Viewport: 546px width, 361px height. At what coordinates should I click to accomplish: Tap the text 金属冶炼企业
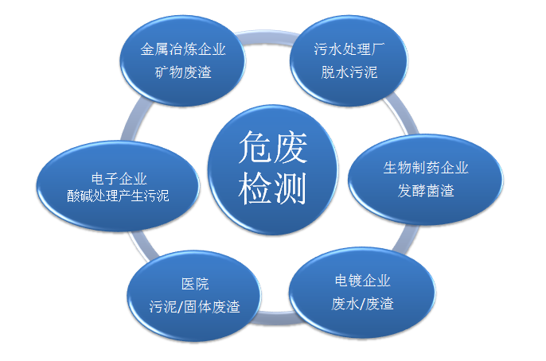183,49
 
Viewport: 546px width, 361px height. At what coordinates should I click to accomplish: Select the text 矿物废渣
183,72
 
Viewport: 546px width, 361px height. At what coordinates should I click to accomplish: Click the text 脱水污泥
350,72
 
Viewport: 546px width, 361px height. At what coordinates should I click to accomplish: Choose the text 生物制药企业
426,168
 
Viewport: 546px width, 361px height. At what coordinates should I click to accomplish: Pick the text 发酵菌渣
426,190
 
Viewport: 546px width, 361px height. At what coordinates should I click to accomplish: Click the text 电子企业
119,177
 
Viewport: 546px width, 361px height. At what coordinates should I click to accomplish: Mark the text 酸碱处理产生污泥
119,196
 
